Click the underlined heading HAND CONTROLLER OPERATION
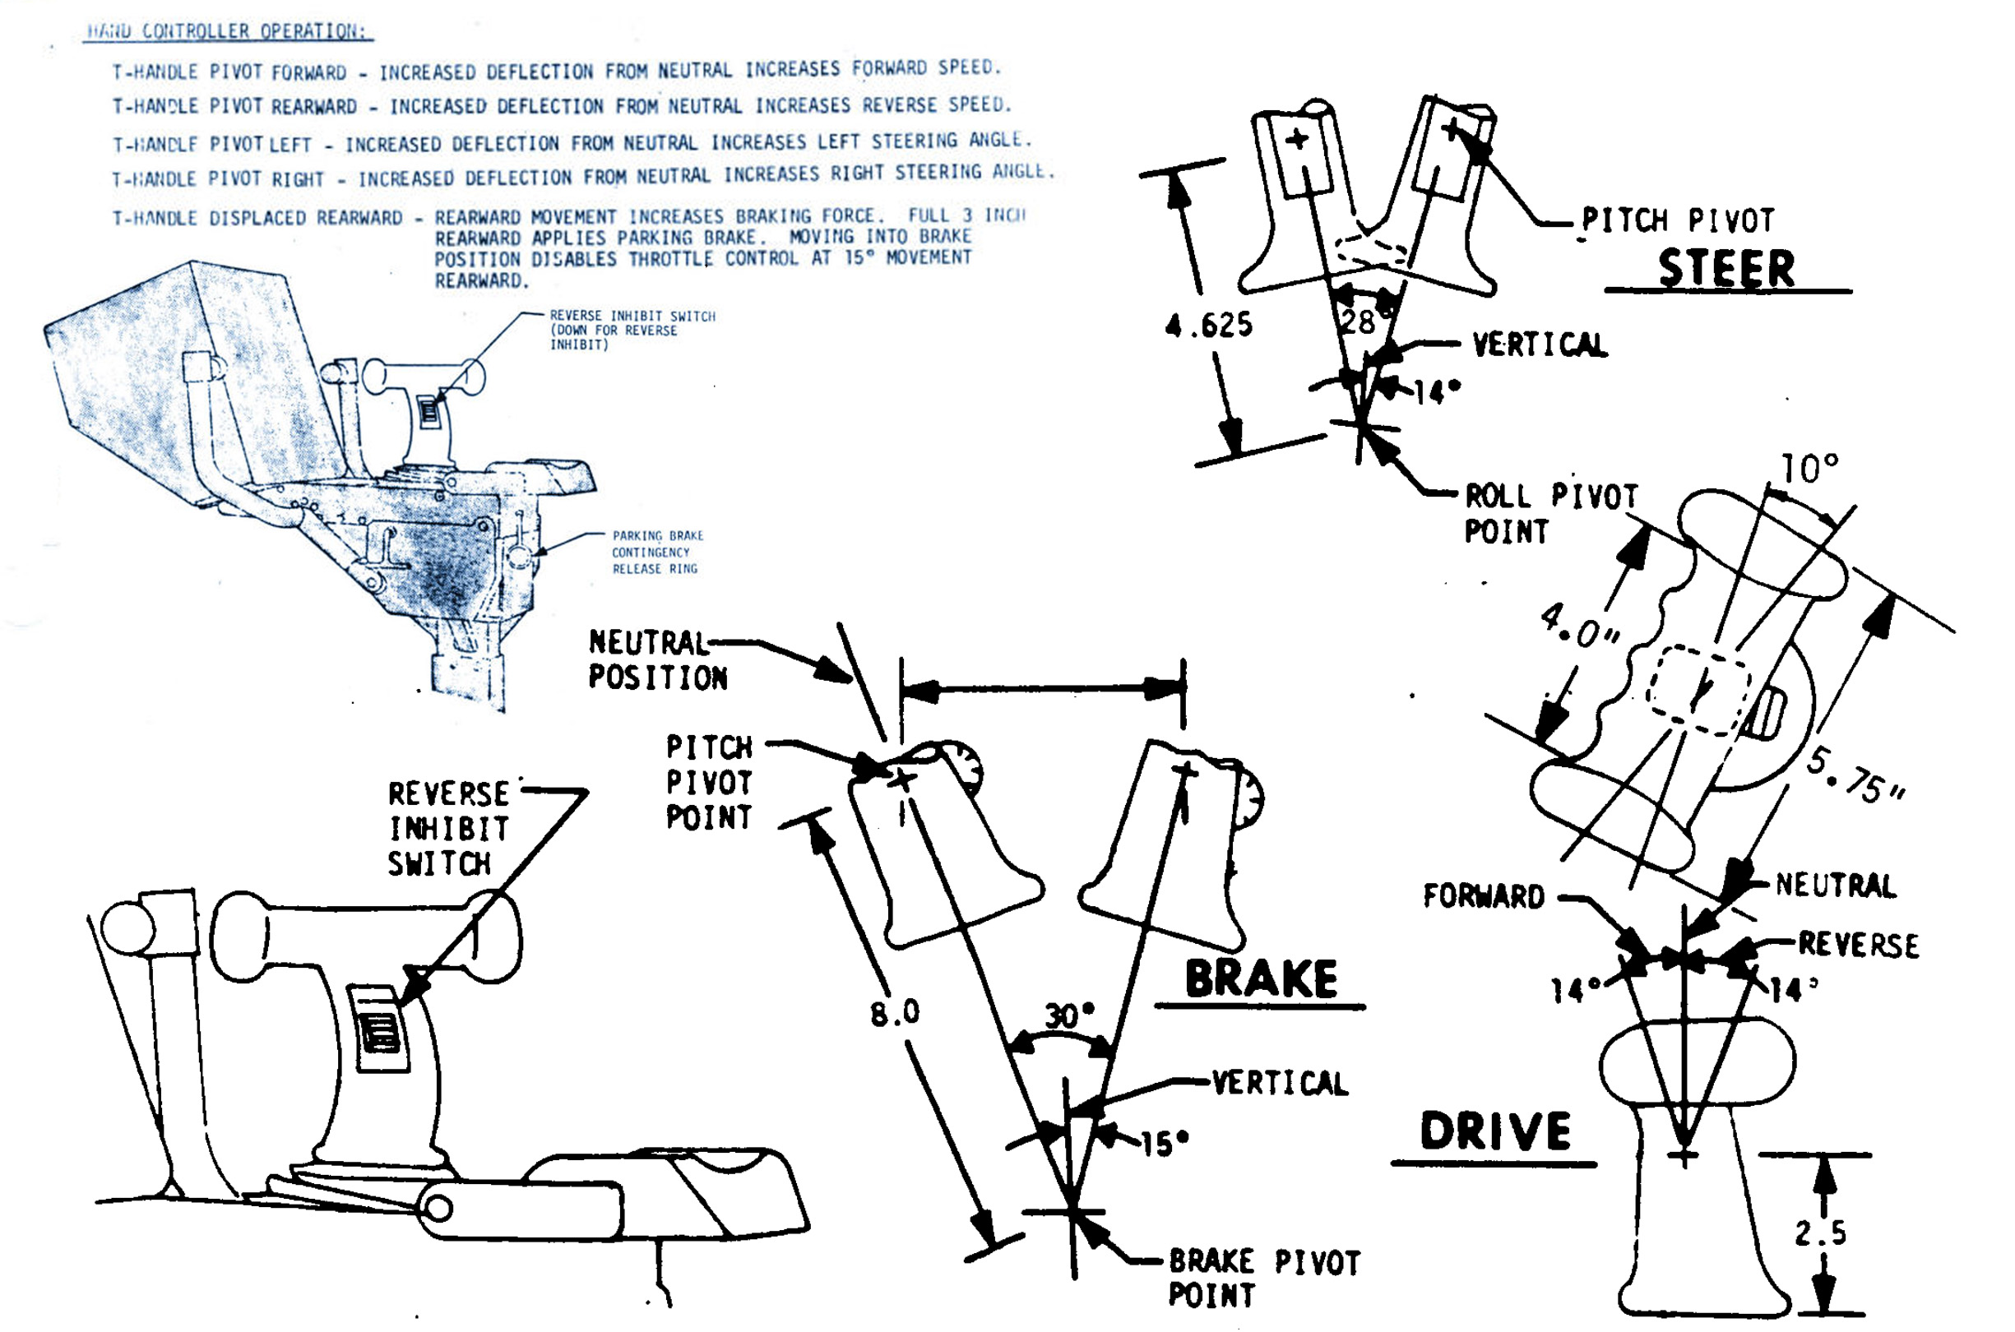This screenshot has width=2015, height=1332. point(228,31)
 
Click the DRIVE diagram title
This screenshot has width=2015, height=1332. point(1495,1131)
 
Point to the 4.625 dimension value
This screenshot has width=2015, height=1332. point(1208,325)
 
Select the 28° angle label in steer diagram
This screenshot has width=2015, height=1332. point(1360,322)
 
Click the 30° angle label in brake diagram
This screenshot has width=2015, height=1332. point(1068,1015)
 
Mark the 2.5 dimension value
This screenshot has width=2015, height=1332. point(1820,1233)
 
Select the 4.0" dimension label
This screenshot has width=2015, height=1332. point(1579,625)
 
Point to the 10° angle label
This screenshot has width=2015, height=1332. point(1809,468)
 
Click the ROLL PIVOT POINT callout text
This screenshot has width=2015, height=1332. point(1549,513)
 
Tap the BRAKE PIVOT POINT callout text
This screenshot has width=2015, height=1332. point(1263,1278)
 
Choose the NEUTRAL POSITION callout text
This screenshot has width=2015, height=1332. point(656,660)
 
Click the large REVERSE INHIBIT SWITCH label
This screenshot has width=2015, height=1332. point(447,828)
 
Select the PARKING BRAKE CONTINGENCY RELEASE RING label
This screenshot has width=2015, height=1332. point(656,553)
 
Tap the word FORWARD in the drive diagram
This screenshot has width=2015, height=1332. point(1483,896)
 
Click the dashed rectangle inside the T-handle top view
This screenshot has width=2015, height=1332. point(1698,689)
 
